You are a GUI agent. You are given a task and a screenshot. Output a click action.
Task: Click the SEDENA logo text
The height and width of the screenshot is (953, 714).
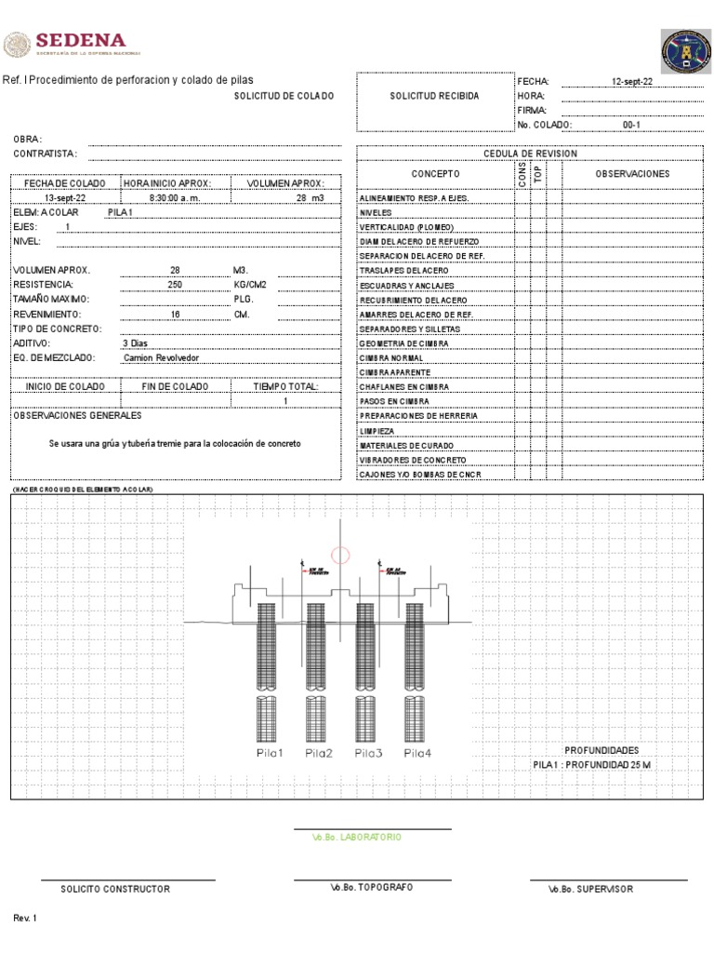coord(80,41)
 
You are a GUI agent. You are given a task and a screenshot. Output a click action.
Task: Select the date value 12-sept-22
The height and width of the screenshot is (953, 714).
coord(632,82)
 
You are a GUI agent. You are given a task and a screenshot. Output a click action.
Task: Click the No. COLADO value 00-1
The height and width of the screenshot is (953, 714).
coord(631,124)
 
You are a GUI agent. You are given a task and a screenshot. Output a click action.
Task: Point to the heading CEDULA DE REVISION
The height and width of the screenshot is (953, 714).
coord(530,154)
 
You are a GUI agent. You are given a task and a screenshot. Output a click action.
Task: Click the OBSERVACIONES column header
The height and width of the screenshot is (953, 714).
coord(631,174)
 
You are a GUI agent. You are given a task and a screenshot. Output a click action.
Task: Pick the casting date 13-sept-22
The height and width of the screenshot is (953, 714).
coord(65,198)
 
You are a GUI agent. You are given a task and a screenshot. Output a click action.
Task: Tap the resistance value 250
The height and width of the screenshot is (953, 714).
coord(175,285)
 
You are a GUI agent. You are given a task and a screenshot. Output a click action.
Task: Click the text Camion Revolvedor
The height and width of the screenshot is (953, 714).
coord(161,357)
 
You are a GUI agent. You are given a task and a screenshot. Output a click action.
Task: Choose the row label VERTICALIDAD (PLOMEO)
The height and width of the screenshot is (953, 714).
coord(407,227)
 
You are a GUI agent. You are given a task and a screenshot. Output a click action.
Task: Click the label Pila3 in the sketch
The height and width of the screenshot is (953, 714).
coord(368,753)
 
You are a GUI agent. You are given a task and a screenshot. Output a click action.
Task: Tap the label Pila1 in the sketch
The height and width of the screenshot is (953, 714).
coord(270,753)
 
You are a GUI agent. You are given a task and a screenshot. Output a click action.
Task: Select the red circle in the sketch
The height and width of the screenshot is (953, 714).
coord(340,556)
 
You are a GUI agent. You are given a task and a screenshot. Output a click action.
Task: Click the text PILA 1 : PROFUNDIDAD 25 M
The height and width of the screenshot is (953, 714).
coord(591,764)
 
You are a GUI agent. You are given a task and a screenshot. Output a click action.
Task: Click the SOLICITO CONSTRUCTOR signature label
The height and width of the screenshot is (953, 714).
coord(115,889)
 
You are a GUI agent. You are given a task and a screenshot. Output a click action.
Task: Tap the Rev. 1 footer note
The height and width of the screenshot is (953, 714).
coord(25,919)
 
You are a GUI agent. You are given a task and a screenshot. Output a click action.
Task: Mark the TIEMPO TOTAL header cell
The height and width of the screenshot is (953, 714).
coord(285,386)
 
